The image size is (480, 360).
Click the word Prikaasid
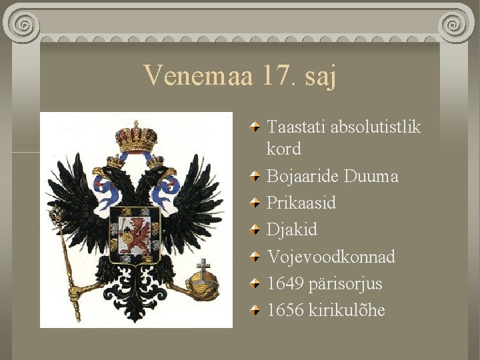tap(301, 203)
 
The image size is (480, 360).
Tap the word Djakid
tap(292, 230)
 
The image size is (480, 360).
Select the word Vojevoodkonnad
tap(331, 257)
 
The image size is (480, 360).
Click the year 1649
tap(285, 283)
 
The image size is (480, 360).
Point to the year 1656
tap(285, 310)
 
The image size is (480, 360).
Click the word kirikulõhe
tap(347, 310)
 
